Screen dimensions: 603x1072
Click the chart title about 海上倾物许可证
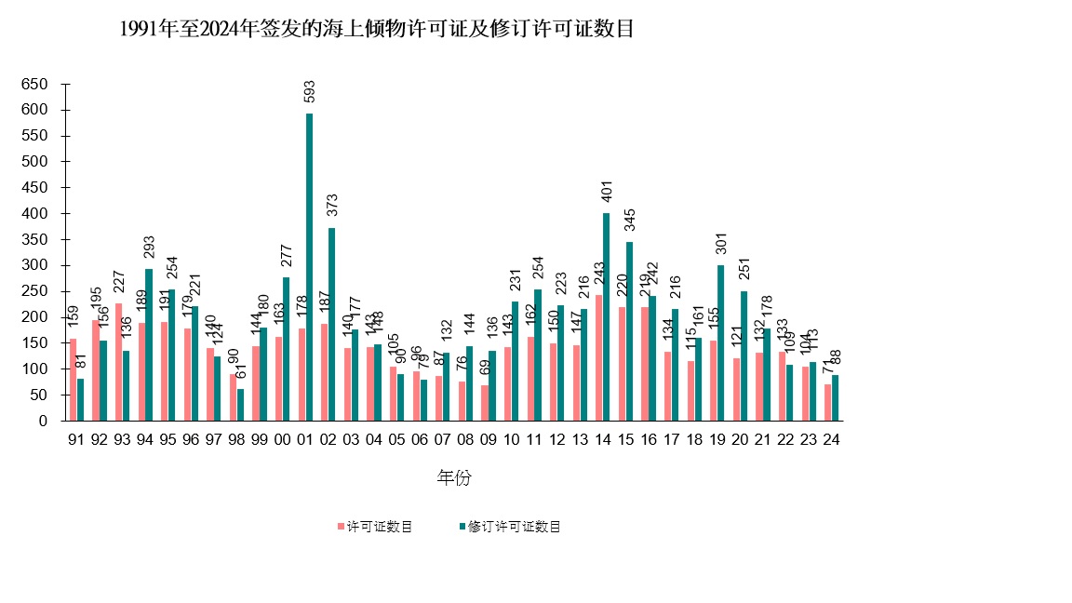tap(377, 29)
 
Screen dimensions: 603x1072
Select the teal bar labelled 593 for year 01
tap(310, 267)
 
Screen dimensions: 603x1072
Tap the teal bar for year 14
tap(607, 316)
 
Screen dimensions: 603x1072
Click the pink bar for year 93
tap(119, 362)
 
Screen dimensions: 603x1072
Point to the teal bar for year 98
tap(241, 405)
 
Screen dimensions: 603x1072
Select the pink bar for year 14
tap(598, 357)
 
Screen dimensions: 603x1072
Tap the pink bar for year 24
tap(827, 402)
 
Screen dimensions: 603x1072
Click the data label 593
tap(310, 91)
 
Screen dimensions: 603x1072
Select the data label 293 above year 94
tap(150, 247)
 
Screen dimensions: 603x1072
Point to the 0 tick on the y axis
tap(42, 421)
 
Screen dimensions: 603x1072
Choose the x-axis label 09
tap(488, 439)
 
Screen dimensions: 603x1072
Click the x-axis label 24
tap(831, 439)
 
